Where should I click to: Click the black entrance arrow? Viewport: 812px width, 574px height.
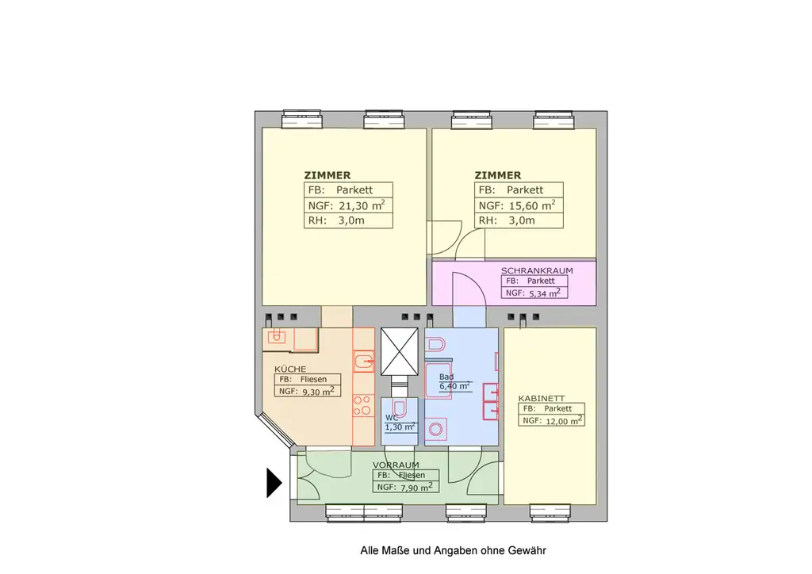coord(274,483)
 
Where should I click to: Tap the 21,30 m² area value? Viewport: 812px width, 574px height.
coord(362,205)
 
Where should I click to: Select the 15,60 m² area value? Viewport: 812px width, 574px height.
coord(532,205)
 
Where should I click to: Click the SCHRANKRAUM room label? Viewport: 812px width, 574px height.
coord(537,270)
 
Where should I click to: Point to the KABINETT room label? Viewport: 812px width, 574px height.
coord(542,399)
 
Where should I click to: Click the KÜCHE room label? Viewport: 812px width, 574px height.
coord(290,369)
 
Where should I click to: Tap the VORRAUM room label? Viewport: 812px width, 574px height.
coord(396,465)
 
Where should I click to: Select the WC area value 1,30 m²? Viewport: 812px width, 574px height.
coord(400,427)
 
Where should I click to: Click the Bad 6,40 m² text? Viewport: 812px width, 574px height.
coord(454,381)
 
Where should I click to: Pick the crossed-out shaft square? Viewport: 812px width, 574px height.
coord(400,351)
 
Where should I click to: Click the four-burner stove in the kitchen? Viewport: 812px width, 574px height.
coord(362,405)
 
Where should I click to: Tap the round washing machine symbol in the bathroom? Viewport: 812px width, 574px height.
coord(435,429)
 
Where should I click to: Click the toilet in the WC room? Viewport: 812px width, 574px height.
coord(400,408)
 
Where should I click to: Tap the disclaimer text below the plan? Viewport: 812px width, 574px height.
coord(453,551)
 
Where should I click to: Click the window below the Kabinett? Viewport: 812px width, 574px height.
coord(550,512)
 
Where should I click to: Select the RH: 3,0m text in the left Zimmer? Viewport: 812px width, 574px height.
coord(336,220)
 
